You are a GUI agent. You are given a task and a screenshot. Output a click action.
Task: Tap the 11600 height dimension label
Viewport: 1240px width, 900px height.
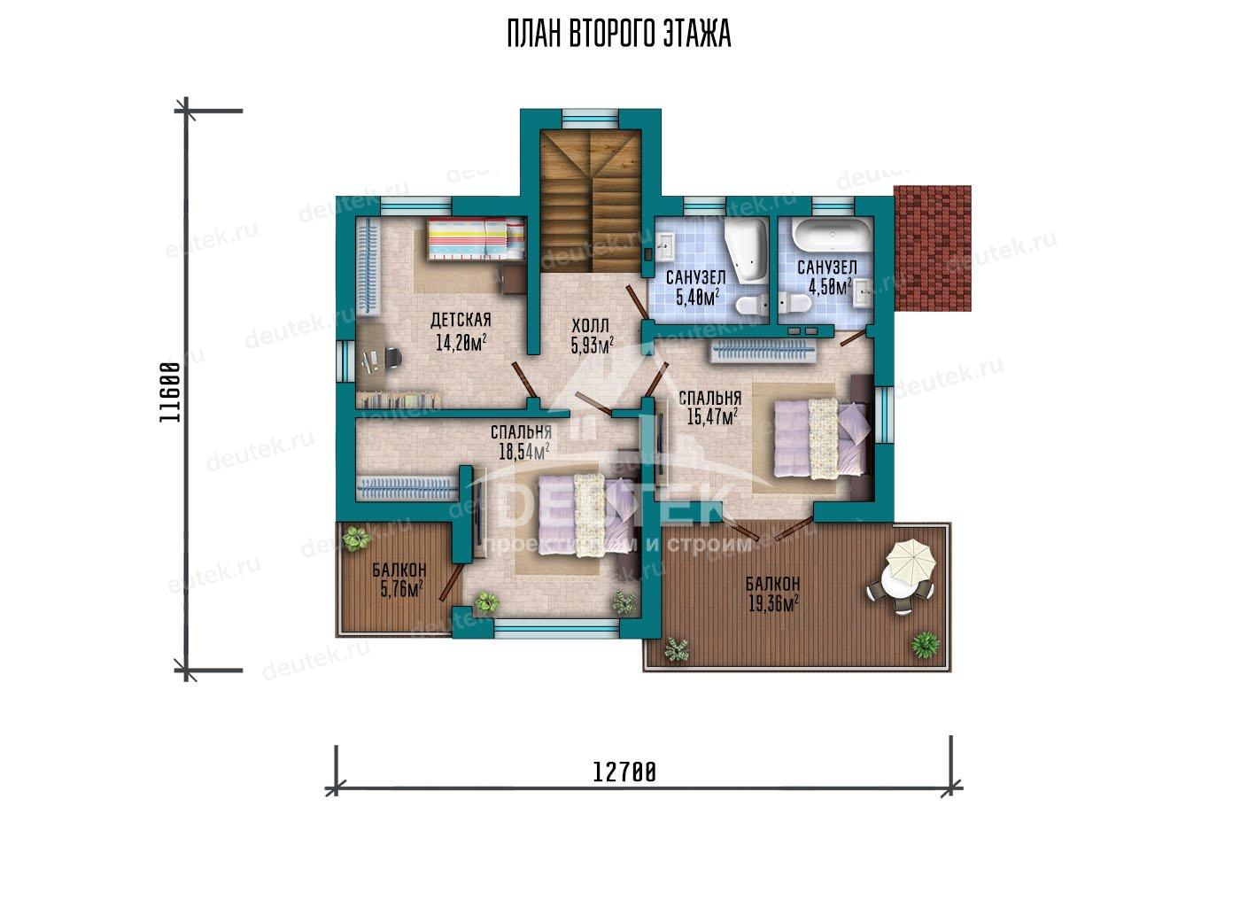coord(170,392)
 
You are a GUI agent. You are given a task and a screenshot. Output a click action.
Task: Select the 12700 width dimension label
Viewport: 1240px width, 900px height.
coord(624,772)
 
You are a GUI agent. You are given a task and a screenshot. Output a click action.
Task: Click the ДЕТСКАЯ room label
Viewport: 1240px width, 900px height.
coord(461,320)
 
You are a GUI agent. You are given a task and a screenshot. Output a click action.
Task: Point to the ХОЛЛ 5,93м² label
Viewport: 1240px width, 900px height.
coord(593,336)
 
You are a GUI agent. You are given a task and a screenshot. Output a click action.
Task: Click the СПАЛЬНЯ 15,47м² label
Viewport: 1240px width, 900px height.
coord(710,407)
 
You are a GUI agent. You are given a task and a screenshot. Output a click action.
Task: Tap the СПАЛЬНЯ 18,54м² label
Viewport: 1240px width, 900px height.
coord(522,442)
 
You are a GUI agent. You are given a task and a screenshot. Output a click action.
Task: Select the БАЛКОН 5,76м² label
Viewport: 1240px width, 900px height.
coord(399,580)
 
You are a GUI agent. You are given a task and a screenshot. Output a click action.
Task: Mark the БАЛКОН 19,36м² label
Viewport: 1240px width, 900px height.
coord(772,594)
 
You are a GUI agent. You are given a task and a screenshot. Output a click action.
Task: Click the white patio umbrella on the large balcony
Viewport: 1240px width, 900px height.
coord(911,562)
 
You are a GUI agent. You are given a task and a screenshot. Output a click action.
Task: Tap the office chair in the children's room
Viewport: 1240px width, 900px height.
coord(391,357)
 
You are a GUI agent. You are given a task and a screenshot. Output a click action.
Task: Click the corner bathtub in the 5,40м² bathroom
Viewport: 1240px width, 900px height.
coord(746,249)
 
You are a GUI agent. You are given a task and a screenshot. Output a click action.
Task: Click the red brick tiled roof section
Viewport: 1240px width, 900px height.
coord(933,248)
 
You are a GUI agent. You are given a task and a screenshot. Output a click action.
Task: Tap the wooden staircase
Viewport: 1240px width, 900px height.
coord(591,200)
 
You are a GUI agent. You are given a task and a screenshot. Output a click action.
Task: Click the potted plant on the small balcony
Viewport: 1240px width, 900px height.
coord(355,538)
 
